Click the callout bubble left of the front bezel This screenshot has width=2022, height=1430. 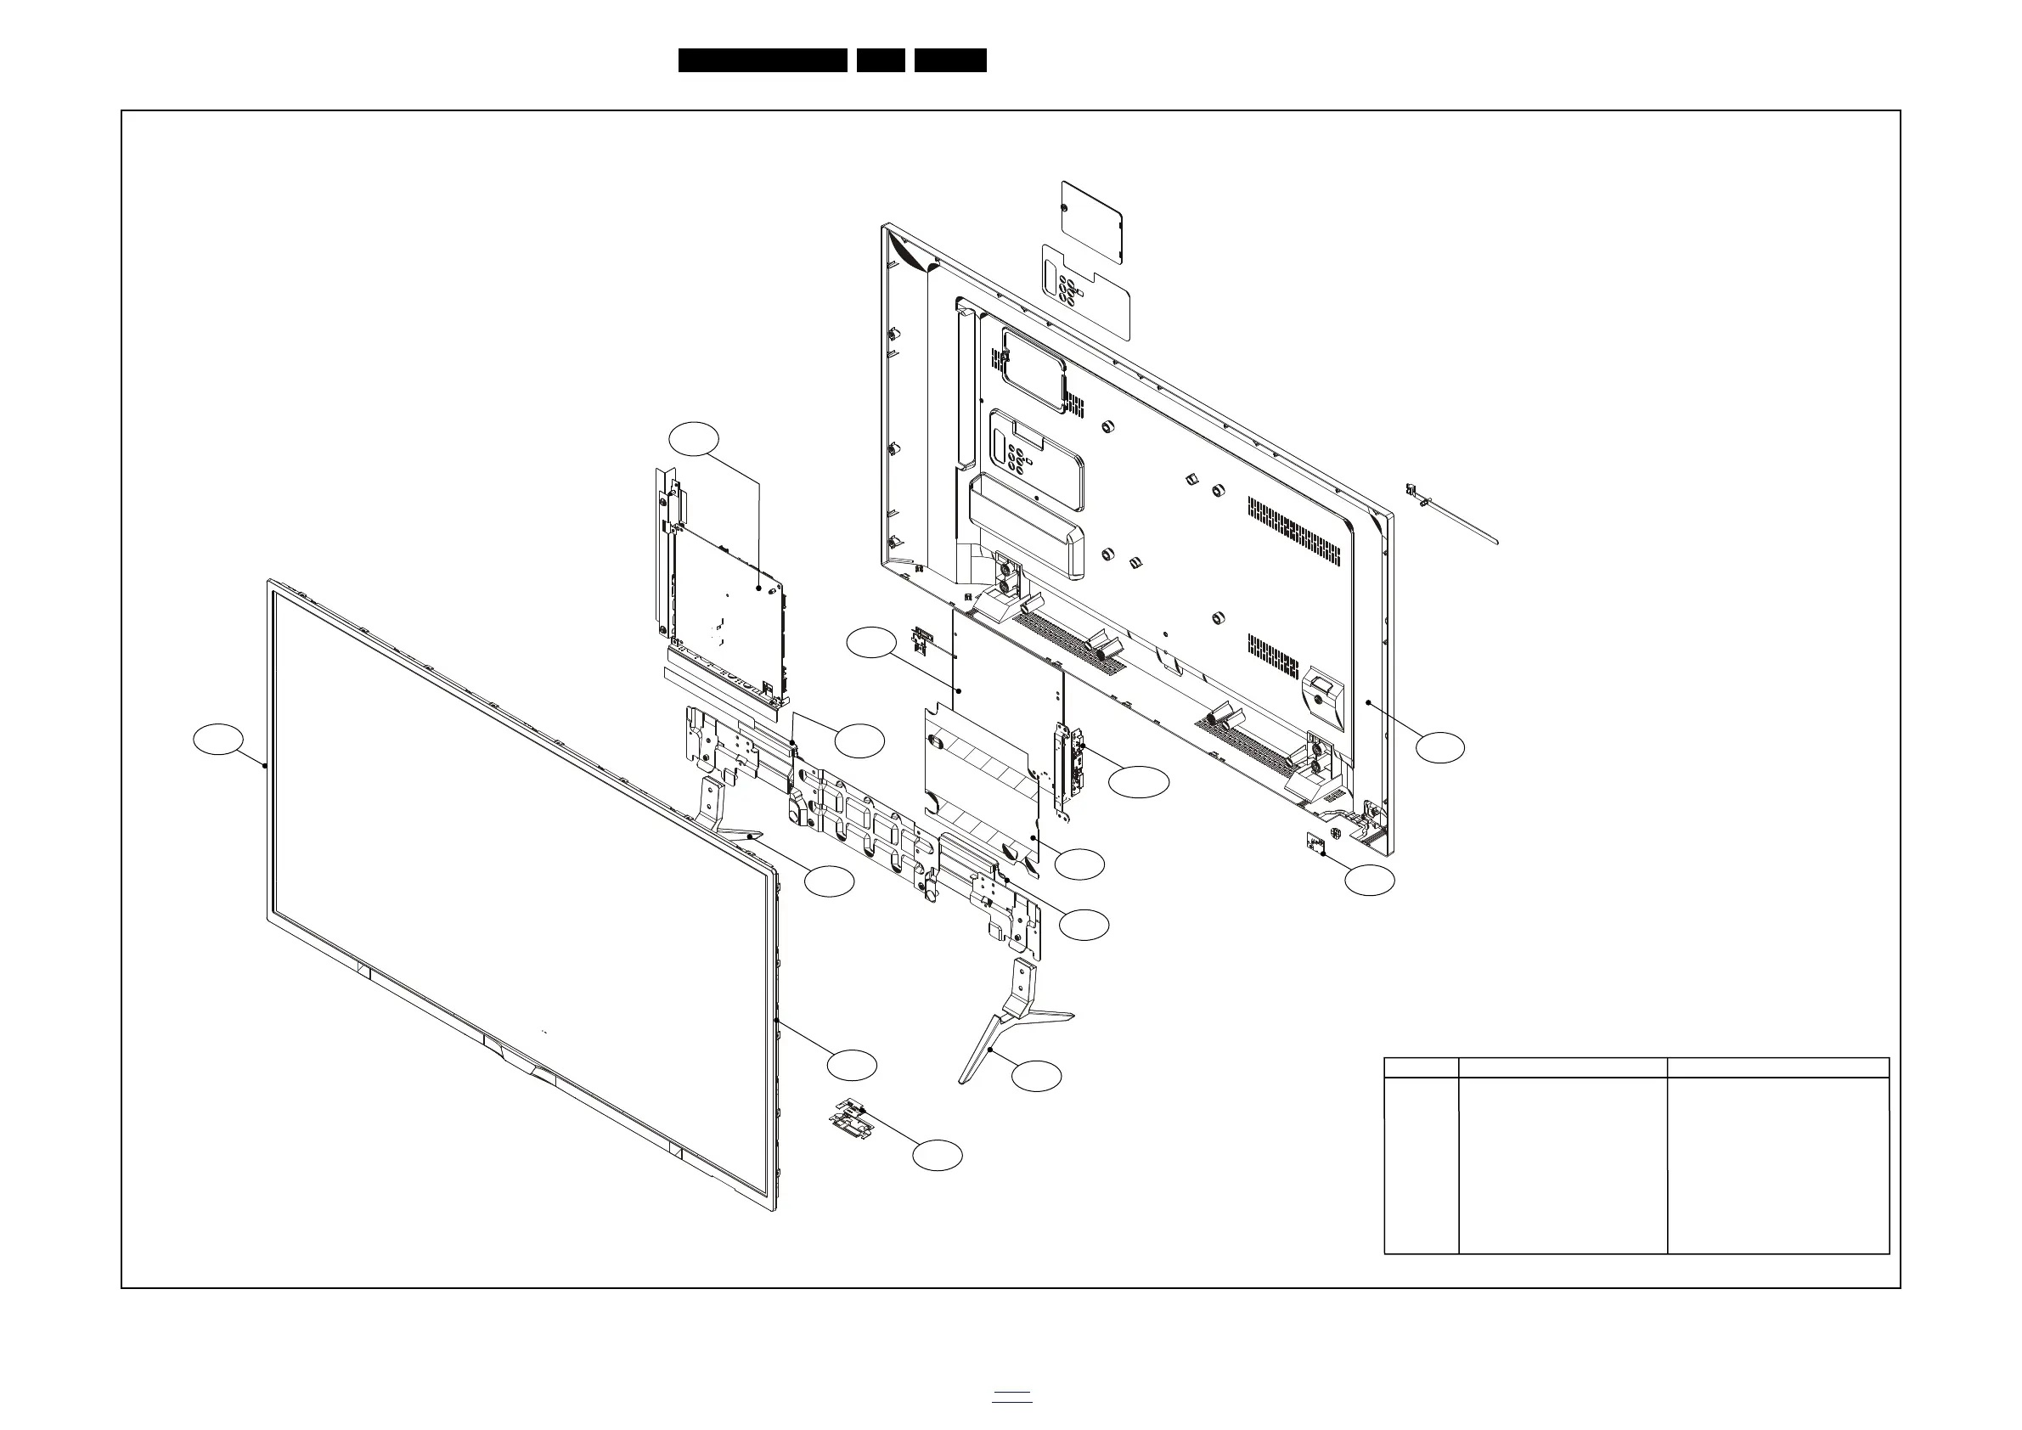[218, 740]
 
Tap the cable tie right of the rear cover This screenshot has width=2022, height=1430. [1449, 516]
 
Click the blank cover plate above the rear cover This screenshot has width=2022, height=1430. [1092, 222]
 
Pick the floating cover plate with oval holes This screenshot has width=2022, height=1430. [1087, 292]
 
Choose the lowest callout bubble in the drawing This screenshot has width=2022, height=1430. [937, 1155]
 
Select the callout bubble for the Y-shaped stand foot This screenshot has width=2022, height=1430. [1037, 1076]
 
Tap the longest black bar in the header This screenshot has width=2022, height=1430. [763, 60]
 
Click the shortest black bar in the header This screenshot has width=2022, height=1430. [881, 60]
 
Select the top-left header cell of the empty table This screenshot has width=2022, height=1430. [1422, 1067]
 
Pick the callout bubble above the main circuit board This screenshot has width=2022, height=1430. [694, 438]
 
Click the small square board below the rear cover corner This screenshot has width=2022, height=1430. [1317, 843]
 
